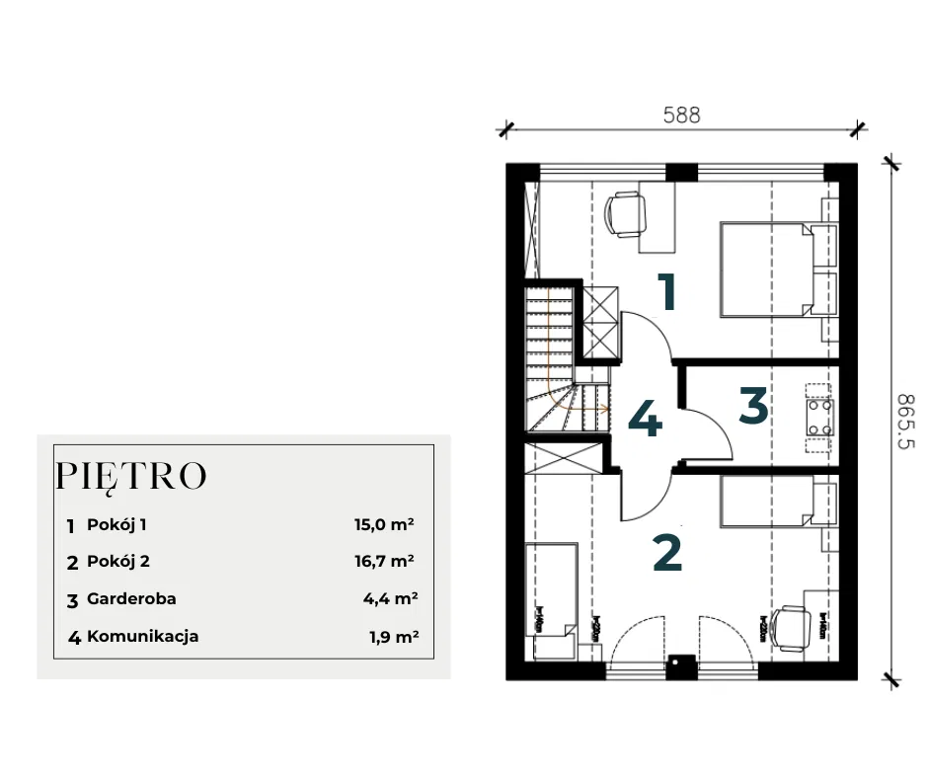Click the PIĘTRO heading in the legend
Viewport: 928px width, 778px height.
tap(131, 476)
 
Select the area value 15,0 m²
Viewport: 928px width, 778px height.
tap(383, 525)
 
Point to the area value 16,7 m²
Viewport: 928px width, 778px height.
tap(383, 562)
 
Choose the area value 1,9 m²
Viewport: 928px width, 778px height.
tap(393, 637)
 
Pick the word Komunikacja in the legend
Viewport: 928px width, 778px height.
tap(142, 637)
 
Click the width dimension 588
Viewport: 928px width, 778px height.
tap(681, 115)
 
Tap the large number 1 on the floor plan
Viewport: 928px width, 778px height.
tap(668, 292)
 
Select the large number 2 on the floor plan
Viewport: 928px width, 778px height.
tap(667, 554)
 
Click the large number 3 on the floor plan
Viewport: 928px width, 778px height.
tap(752, 406)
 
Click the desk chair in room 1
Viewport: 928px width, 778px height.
tap(625, 214)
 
